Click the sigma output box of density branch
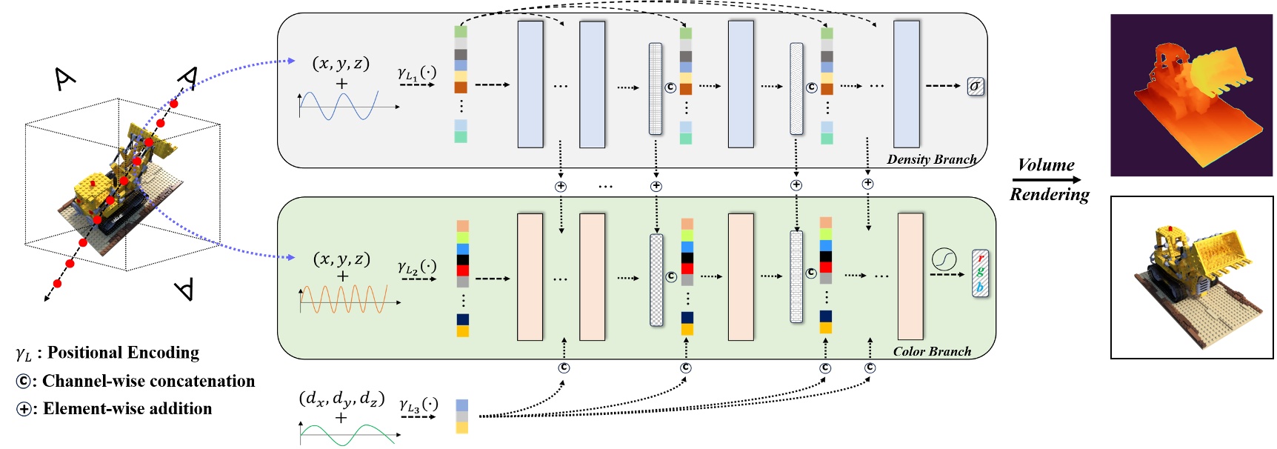coord(976,87)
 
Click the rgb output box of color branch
coord(980,273)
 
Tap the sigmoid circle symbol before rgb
coord(944,259)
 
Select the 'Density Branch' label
coord(932,159)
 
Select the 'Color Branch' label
coord(932,351)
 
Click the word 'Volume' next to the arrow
coord(1046,164)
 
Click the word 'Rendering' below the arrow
coord(1050,194)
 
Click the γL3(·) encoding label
coord(419,405)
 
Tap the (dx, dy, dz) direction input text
coord(341,399)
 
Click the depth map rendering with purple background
coord(1191,95)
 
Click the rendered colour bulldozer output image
coord(1191,277)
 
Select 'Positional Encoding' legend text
coord(123,353)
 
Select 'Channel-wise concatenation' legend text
coord(148,381)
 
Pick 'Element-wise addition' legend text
coord(127,408)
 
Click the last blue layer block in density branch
coord(906,84)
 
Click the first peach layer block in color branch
coord(530,276)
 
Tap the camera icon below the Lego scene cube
coord(185,288)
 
